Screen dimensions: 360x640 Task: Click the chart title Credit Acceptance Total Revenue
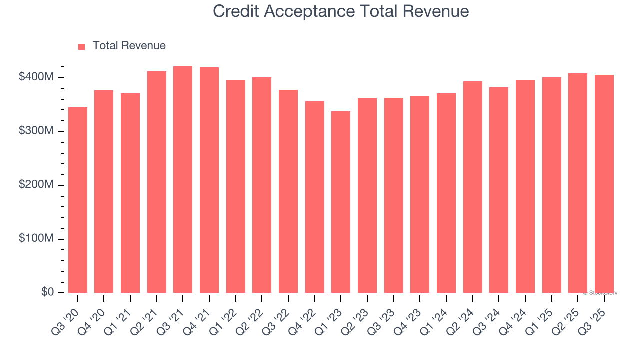click(x=341, y=11)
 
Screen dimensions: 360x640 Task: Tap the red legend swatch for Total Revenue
click(x=82, y=46)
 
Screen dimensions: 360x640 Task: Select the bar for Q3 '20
click(x=78, y=200)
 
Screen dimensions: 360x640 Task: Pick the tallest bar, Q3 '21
click(x=183, y=180)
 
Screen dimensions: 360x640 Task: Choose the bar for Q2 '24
click(x=472, y=187)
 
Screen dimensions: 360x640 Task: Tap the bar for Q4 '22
click(x=314, y=197)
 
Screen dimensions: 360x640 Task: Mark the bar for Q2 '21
click(x=157, y=182)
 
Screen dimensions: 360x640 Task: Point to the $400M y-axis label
click(x=36, y=77)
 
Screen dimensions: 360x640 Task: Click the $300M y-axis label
click(x=36, y=131)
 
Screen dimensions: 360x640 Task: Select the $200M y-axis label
click(x=36, y=185)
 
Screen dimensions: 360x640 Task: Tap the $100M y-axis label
click(x=36, y=238)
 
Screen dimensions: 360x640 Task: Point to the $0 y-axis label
click(x=47, y=292)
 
